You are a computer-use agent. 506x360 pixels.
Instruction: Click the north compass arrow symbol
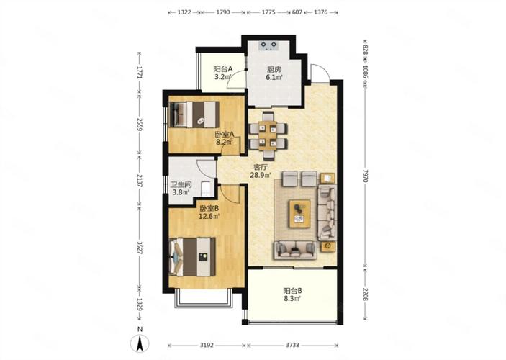pyautogui.click(x=140, y=343)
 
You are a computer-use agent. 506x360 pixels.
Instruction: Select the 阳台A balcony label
pyautogui.click(x=223, y=69)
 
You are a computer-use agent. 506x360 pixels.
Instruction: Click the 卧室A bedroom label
pyautogui.click(x=225, y=135)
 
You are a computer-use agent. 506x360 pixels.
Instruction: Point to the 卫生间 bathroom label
pyautogui.click(x=181, y=185)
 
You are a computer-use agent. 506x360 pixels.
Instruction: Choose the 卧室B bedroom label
pyautogui.click(x=209, y=209)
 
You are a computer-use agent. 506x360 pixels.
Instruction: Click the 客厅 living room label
pyautogui.click(x=261, y=167)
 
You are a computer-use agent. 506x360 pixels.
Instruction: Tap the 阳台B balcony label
pyautogui.click(x=293, y=291)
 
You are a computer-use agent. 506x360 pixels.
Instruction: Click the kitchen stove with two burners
pyautogui.click(x=268, y=45)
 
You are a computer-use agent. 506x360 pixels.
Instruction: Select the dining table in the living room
pyautogui.click(x=268, y=135)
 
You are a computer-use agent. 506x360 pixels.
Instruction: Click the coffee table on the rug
pyautogui.click(x=300, y=214)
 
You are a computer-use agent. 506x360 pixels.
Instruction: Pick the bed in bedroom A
pyautogui.click(x=194, y=114)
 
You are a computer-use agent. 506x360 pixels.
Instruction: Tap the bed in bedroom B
pyautogui.click(x=192, y=257)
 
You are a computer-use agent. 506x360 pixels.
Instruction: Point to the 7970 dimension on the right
pyautogui.click(x=365, y=175)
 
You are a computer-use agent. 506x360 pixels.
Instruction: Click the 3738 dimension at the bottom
pyautogui.click(x=292, y=345)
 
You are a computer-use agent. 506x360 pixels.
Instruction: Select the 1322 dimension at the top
pyautogui.click(x=184, y=12)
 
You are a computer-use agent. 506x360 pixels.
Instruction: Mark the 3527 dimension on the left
pyautogui.click(x=140, y=248)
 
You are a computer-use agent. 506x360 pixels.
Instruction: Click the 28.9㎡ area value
pyautogui.click(x=261, y=175)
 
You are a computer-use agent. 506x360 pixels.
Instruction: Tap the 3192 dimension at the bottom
pyautogui.click(x=207, y=345)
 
